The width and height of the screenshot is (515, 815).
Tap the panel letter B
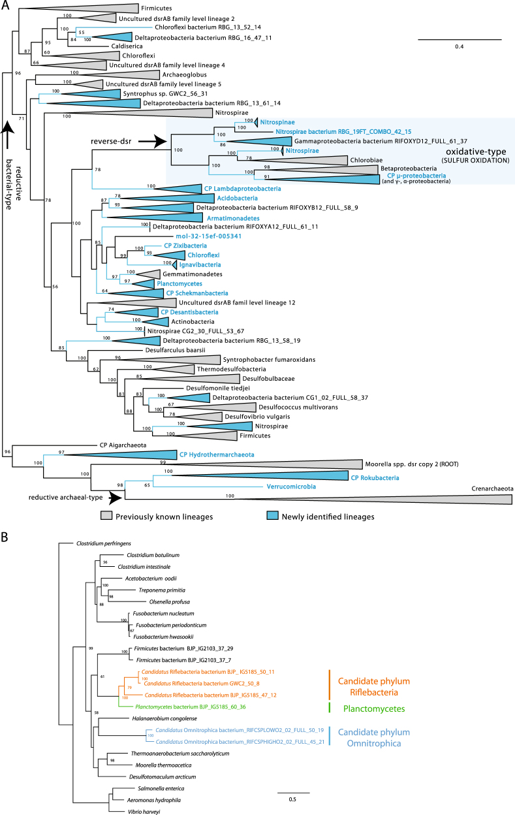tap(5, 538)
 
